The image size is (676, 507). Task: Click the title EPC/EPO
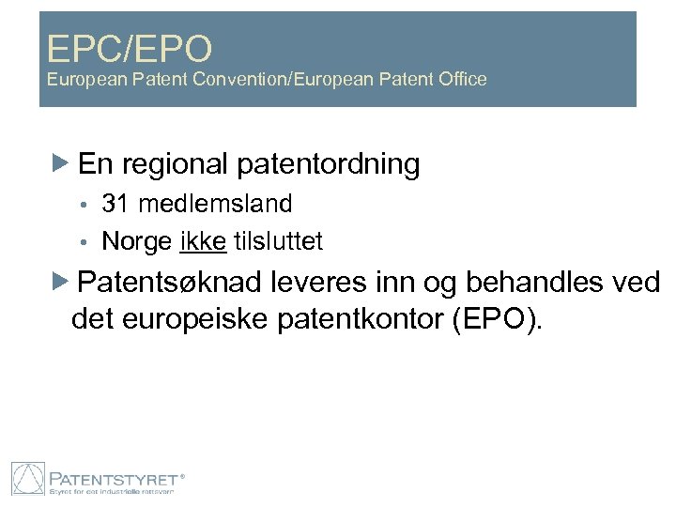[x=131, y=46]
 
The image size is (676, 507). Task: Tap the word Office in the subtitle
[x=460, y=80]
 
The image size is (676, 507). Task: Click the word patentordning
[x=330, y=165]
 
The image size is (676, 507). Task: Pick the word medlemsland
[x=215, y=203]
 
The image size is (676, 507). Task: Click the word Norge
[x=136, y=241]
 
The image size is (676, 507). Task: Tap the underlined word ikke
[x=202, y=241]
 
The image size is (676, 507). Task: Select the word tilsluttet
[x=278, y=241]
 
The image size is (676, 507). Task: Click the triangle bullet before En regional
[x=60, y=165]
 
